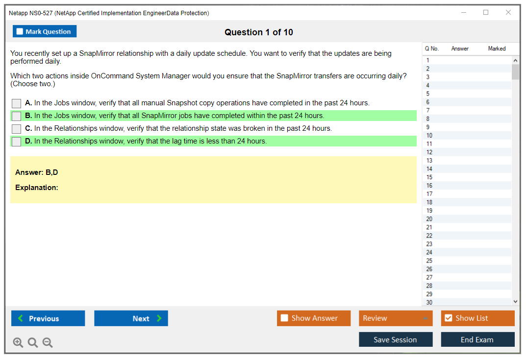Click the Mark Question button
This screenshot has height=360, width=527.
pyautogui.click(x=44, y=31)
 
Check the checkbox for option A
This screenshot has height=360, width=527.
pyautogui.click(x=17, y=103)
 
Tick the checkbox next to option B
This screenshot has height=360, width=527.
pyautogui.click(x=17, y=116)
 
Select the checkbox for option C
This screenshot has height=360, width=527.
pyautogui.click(x=17, y=129)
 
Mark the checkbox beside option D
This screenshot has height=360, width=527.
pyautogui.click(x=17, y=142)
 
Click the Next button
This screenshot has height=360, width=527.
pyautogui.click(x=131, y=318)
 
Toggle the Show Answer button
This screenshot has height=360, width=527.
pyautogui.click(x=314, y=318)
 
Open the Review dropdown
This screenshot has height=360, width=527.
pyautogui.click(x=396, y=318)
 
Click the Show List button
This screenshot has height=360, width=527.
pyautogui.click(x=477, y=318)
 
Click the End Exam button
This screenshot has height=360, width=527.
pyautogui.click(x=477, y=339)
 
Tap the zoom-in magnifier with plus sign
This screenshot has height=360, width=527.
pyautogui.click(x=18, y=342)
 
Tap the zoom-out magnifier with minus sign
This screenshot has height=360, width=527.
pyautogui.click(x=48, y=342)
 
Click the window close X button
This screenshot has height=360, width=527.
pyautogui.click(x=508, y=12)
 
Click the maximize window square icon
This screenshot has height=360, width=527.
pyautogui.click(x=486, y=12)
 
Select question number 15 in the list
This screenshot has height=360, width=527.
pyautogui.click(x=429, y=177)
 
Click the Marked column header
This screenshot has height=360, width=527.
pyautogui.click(x=497, y=48)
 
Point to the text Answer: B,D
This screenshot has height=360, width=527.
pyautogui.click(x=37, y=172)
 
